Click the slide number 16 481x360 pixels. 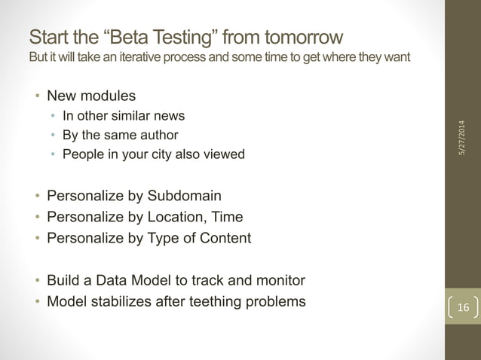point(462,308)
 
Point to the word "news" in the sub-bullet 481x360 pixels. point(170,116)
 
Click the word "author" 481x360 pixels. point(158,136)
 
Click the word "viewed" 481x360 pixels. point(226,155)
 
